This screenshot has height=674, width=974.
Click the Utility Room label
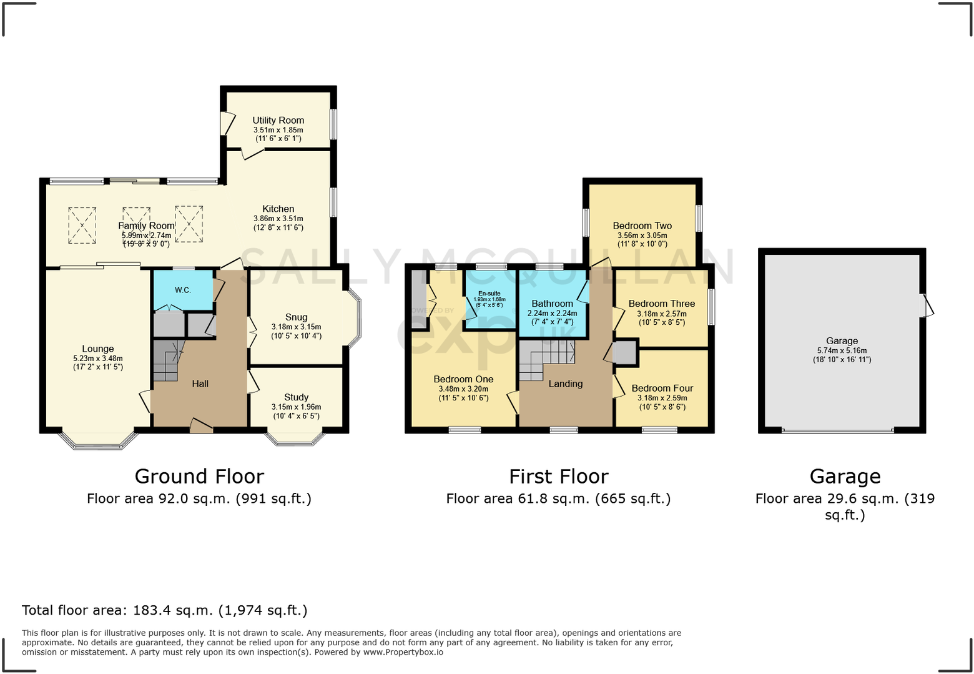pos(278,120)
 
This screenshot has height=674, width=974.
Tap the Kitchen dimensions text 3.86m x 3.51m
pos(278,219)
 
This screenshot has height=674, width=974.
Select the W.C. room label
pos(183,290)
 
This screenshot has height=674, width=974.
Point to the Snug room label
pos(296,317)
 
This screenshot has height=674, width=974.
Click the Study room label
pos(296,397)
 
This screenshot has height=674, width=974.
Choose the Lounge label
pos(98,349)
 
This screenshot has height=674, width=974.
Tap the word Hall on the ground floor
pos(200,384)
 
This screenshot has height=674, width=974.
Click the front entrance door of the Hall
pos(201,425)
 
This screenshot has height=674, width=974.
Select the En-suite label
pos(489,293)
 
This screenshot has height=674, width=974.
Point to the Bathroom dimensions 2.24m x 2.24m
pos(552,313)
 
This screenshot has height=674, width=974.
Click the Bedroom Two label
pos(642,225)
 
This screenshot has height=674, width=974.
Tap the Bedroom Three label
pos(661,304)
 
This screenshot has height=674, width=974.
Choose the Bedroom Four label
pos(662,388)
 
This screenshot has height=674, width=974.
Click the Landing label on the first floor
pos(565,384)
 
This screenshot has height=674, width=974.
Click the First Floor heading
pos(558,477)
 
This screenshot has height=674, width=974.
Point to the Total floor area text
pos(165,610)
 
